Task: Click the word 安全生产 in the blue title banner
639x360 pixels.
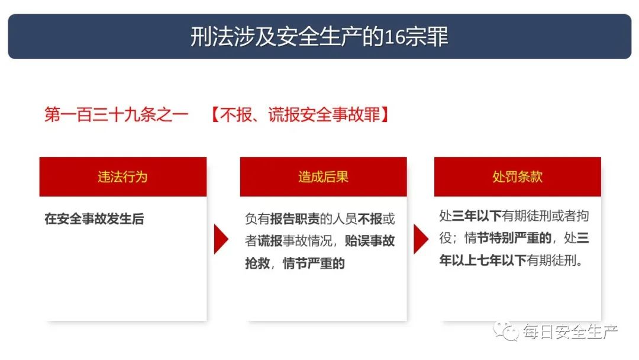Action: point(319,37)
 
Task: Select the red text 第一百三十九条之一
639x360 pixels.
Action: point(117,114)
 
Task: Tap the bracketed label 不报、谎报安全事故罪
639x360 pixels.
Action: point(300,114)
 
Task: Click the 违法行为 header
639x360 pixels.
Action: point(122,177)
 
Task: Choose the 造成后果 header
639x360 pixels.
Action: point(323,177)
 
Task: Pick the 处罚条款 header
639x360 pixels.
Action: point(518,177)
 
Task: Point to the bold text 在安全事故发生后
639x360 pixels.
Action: point(94,219)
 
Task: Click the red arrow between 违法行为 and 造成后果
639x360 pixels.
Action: point(221,239)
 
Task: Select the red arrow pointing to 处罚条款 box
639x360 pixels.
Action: point(421,239)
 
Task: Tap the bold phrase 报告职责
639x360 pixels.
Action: point(295,219)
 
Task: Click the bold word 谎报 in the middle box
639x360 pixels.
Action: point(270,241)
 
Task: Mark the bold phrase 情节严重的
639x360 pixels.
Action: point(314,263)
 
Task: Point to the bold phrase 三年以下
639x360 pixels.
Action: point(477,216)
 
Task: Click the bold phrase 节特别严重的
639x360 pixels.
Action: point(514,238)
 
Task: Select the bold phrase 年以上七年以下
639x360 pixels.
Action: point(483,260)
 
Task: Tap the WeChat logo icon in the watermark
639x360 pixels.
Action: point(505,330)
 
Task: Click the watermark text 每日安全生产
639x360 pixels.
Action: point(570,332)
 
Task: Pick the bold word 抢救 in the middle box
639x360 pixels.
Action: point(257,263)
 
